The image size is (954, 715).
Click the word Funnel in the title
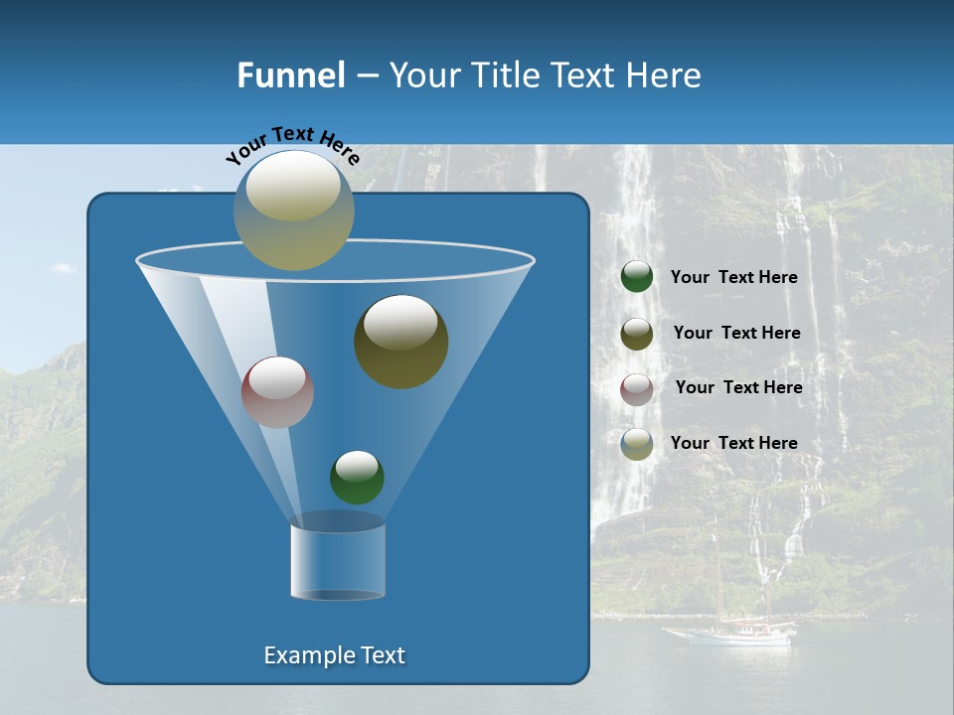click(290, 75)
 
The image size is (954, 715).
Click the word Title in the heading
click(505, 75)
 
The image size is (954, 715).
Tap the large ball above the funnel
click(293, 210)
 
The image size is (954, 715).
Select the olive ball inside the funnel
click(400, 342)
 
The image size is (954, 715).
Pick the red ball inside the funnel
click(277, 392)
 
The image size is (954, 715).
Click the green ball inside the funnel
click(357, 477)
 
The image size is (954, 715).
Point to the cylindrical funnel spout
click(338, 561)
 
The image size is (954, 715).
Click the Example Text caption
click(334, 655)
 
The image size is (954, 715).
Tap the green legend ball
click(637, 277)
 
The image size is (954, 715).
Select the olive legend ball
click(637, 333)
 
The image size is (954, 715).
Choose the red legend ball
click(637, 388)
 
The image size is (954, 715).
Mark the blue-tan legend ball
click(637, 444)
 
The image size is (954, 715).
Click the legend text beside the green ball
click(733, 277)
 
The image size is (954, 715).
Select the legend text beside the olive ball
click(736, 333)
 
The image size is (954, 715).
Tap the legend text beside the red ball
click(738, 387)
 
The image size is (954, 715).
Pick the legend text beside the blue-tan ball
click(733, 443)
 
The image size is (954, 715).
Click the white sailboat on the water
click(730, 633)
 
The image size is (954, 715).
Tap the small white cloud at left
click(63, 268)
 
